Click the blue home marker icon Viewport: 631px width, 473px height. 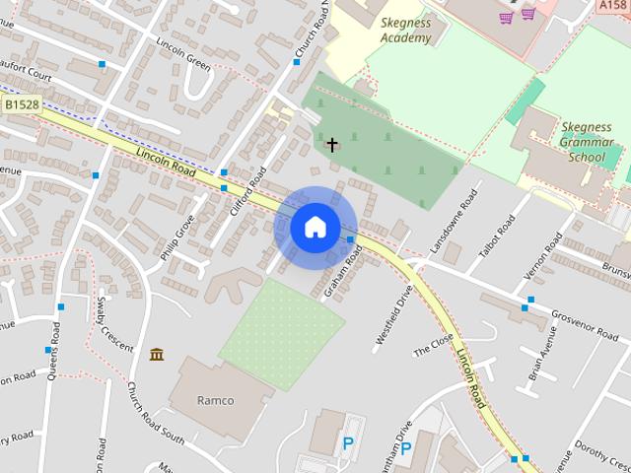point(315,228)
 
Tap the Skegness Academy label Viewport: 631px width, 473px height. point(406,31)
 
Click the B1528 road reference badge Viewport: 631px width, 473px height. point(19,104)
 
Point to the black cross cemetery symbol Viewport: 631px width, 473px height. point(332,146)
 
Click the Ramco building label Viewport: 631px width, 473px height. point(216,401)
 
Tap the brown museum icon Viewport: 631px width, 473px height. point(156,354)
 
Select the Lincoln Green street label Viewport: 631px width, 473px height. point(183,54)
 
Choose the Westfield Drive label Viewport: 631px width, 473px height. point(390,317)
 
